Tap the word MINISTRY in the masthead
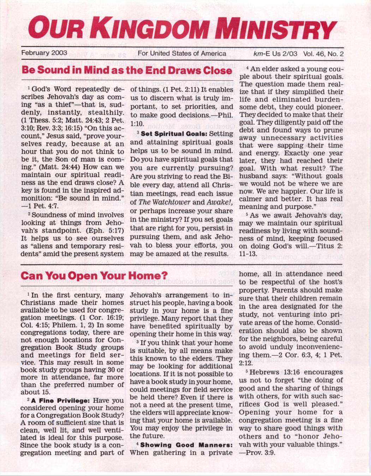[275, 29]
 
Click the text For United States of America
[182, 53]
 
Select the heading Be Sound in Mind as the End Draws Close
[127, 70]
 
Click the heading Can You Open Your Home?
[94, 275]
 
